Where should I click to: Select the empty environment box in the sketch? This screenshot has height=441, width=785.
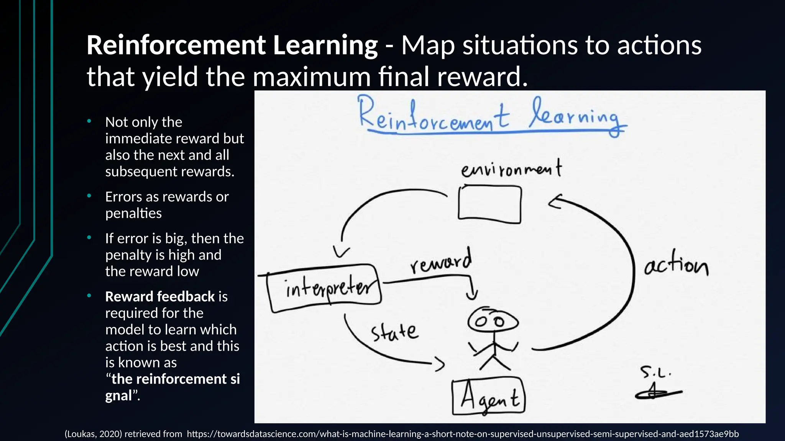point(489,204)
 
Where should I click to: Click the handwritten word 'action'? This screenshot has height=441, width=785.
point(676,265)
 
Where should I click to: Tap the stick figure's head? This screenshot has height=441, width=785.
point(493,321)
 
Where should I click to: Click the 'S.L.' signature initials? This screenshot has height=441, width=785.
point(655,372)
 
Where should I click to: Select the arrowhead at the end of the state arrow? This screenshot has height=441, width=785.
point(440,363)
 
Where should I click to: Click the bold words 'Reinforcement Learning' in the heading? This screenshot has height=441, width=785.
point(232,45)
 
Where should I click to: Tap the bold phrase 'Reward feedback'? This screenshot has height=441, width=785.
point(160,297)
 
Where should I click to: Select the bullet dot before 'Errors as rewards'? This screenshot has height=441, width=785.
point(89,196)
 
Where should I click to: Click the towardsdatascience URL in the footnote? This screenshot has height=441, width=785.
point(463,434)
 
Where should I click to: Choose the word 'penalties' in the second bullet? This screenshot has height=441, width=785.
point(133,213)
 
